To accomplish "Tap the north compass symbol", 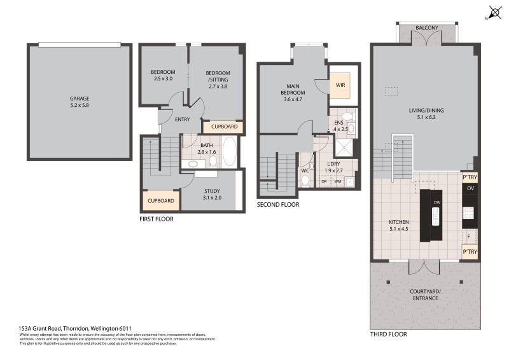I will [x=493, y=13].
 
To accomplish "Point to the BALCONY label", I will [x=426, y=28].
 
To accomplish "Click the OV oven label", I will [x=470, y=189].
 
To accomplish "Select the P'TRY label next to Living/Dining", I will [x=470, y=177].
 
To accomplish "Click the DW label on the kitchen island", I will [x=436, y=203].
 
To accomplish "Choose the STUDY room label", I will [x=213, y=194].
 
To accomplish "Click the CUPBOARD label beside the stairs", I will [x=160, y=200].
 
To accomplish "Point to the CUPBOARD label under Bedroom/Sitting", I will [x=224, y=127].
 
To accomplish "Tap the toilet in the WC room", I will [x=305, y=179].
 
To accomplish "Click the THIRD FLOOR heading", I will [x=388, y=334].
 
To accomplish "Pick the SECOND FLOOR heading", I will [x=278, y=205].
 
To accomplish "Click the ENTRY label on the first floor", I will [x=182, y=119].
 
